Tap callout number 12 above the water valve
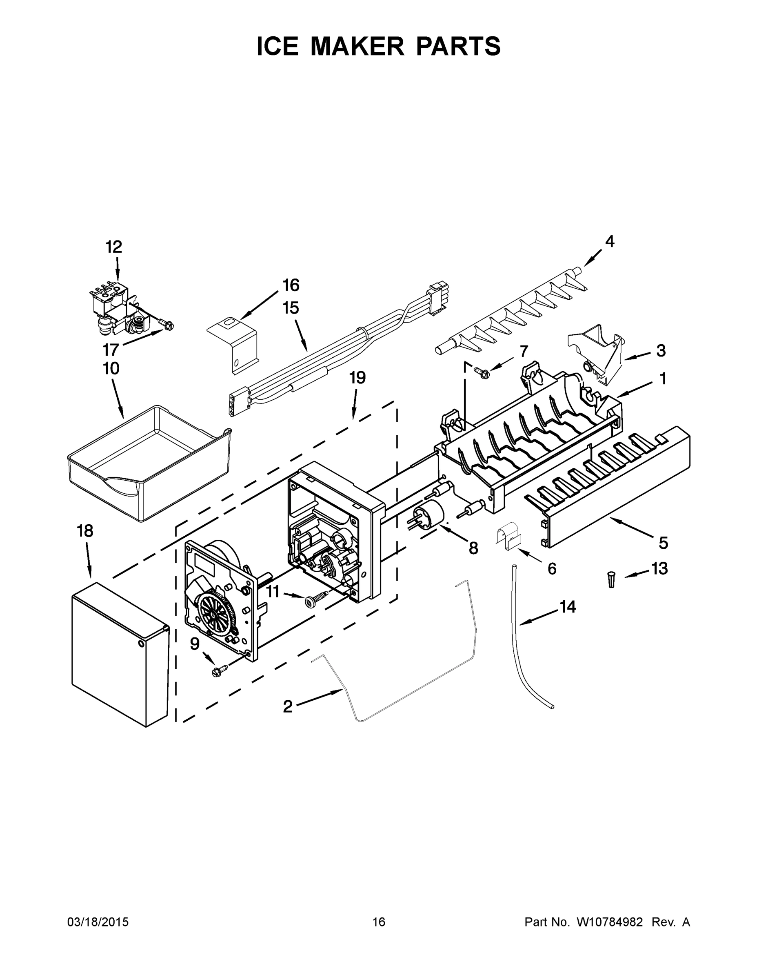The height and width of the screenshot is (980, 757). (x=113, y=247)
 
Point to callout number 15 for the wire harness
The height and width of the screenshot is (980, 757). (x=291, y=308)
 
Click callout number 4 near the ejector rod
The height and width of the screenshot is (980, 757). (x=609, y=241)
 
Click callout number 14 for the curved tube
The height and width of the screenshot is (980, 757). (x=568, y=607)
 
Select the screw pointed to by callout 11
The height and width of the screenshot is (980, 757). (x=314, y=599)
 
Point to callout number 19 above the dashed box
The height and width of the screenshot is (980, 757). (x=357, y=378)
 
